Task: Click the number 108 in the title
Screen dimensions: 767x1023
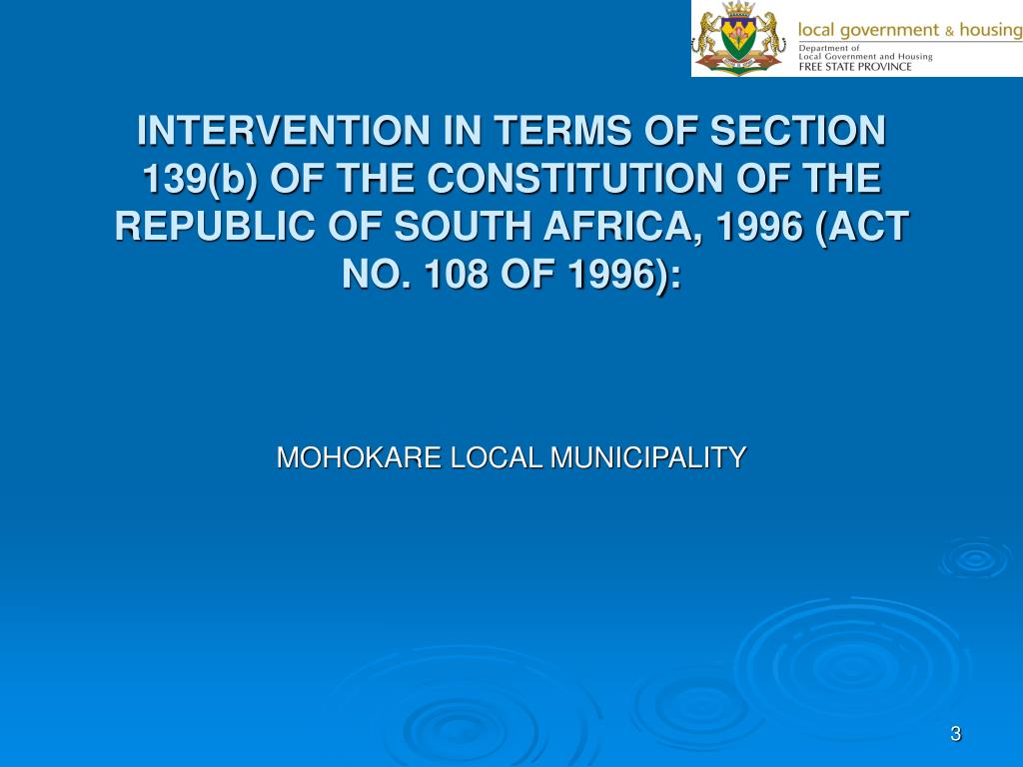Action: click(464, 275)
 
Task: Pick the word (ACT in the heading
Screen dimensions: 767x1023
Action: click(861, 227)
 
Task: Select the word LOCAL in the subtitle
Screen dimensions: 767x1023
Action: click(498, 458)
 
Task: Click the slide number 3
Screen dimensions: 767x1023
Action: click(955, 735)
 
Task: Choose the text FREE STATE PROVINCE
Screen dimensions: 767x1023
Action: click(855, 67)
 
